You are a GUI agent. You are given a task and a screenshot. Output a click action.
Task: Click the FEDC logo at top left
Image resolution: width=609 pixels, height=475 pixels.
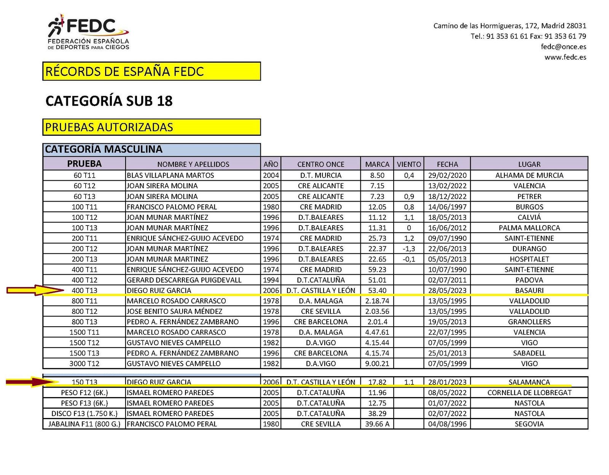(x=88, y=33)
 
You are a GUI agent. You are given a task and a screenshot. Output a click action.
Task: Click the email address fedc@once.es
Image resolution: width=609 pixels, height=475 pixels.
(x=563, y=47)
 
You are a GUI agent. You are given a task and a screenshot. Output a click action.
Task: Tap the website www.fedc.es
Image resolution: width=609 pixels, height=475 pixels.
(x=565, y=57)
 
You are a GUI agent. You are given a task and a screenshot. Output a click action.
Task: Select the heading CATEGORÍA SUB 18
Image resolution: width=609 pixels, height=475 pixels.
(x=109, y=101)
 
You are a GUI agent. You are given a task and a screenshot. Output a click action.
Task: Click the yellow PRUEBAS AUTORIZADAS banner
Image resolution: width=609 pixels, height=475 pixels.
(x=151, y=127)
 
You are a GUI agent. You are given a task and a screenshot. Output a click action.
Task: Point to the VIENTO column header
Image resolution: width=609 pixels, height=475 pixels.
(x=409, y=164)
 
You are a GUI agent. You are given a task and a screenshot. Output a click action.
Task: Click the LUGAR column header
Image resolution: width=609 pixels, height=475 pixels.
(x=529, y=164)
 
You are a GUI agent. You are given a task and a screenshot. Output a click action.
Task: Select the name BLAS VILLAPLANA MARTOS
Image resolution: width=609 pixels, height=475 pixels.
(x=170, y=175)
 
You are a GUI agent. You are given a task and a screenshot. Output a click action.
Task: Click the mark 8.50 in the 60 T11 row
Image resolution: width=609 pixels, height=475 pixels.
(x=377, y=175)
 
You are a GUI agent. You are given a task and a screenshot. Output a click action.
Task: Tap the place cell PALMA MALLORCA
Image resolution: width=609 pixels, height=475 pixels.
(x=529, y=228)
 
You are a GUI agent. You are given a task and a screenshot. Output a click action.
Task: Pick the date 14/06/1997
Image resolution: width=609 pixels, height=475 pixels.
(x=447, y=207)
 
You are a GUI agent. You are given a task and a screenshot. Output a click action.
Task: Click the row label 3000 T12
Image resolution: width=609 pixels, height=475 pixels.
(x=84, y=364)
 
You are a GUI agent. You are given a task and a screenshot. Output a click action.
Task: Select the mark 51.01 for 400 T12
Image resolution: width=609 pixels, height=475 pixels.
(x=377, y=280)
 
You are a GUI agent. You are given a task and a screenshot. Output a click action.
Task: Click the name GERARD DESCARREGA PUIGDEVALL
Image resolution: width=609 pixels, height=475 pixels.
(x=184, y=280)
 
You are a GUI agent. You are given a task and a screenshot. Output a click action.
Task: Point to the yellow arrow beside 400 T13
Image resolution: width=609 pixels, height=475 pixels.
(x=34, y=291)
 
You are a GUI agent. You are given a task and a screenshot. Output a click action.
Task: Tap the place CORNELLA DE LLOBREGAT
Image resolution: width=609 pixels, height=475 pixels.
(x=529, y=392)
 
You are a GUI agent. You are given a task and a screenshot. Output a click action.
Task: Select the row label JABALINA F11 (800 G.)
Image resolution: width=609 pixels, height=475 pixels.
(x=84, y=424)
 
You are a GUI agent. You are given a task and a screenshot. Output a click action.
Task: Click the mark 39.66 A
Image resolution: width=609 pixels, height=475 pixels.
(x=377, y=424)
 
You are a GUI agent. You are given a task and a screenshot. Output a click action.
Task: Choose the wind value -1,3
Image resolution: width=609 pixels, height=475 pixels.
(x=409, y=249)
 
